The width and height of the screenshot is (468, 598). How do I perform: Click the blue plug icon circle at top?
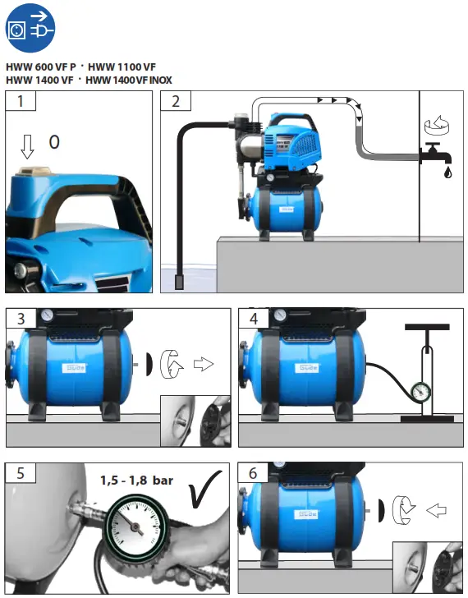click(30, 30)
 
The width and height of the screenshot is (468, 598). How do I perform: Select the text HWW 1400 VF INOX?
click(130, 80)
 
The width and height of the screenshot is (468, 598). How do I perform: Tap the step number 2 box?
click(176, 102)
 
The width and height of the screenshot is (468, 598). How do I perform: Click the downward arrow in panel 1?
click(27, 145)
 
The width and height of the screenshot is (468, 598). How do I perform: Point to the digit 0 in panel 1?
click(54, 142)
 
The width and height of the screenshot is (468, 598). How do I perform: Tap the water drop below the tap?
click(447, 173)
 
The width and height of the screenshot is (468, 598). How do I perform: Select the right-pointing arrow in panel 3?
click(203, 363)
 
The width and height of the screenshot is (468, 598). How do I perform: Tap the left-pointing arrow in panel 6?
click(436, 510)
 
